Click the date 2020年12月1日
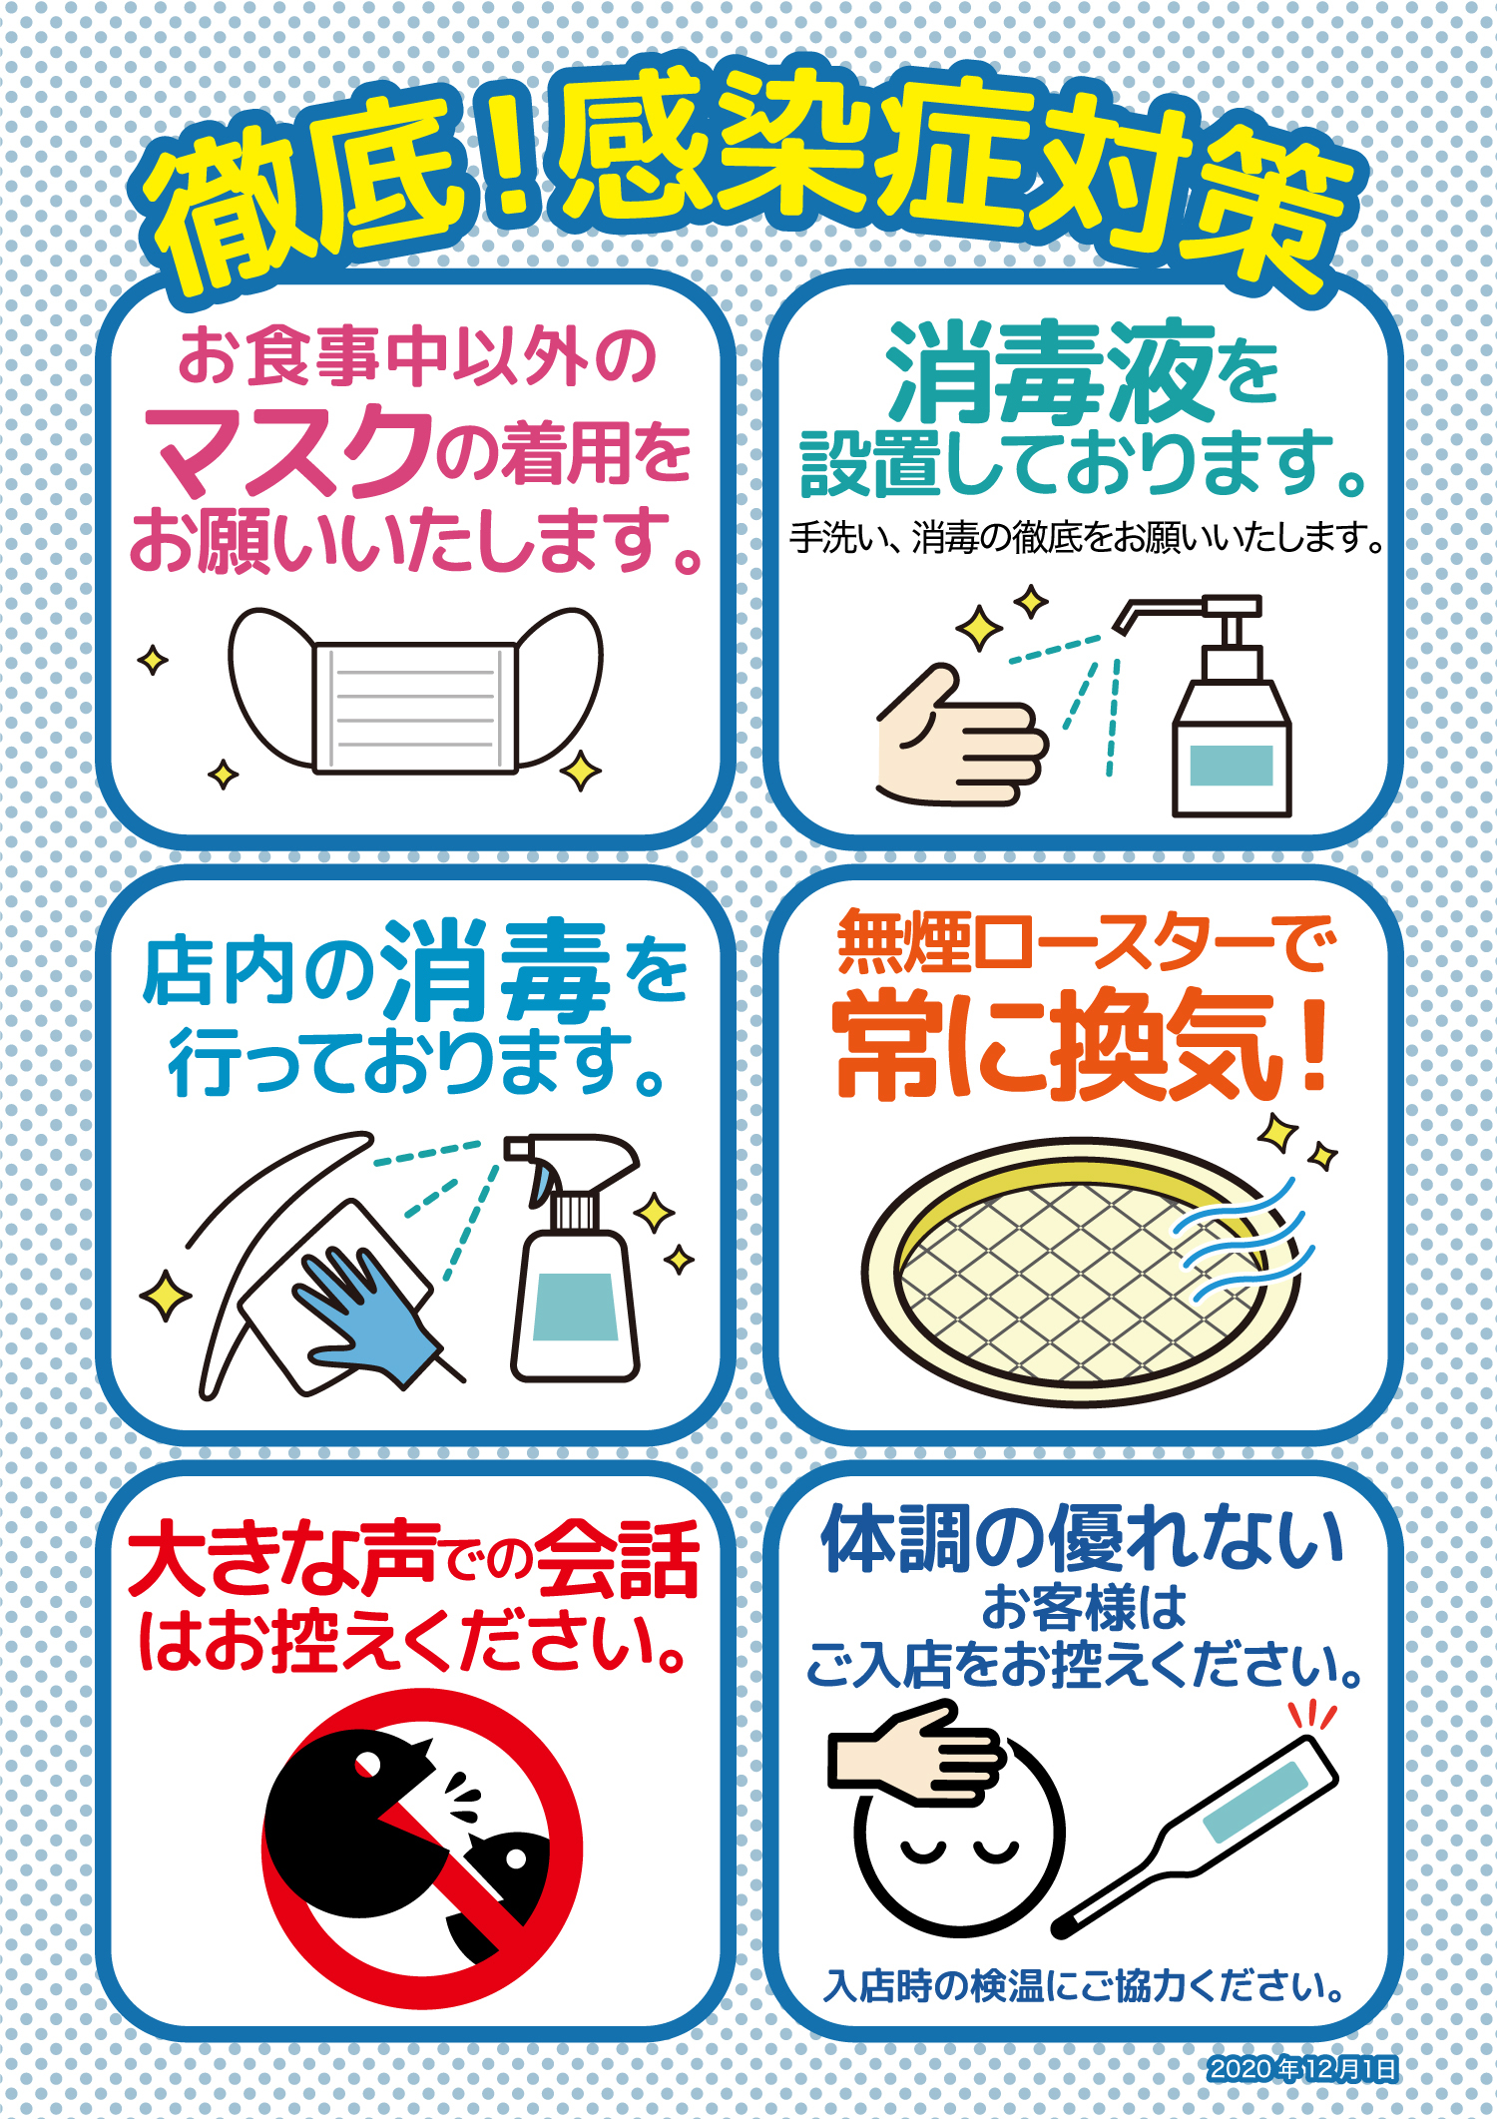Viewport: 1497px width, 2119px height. point(1302,2069)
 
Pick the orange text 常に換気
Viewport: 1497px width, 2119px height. point(1058,1046)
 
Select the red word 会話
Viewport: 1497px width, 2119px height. point(616,1559)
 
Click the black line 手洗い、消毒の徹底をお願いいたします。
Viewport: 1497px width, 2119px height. point(1087,538)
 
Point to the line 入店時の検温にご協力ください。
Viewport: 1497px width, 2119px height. point(1085,1985)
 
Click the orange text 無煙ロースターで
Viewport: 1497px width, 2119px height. point(1085,942)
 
